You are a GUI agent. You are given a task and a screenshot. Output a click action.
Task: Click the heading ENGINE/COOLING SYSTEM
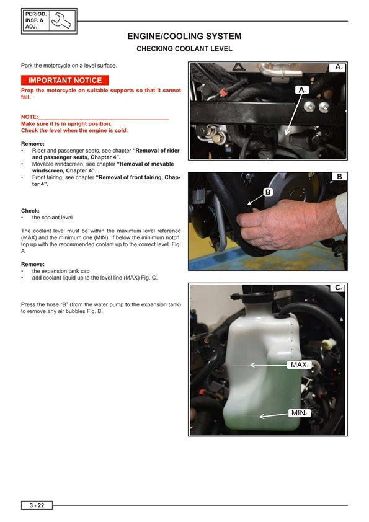click(x=184, y=37)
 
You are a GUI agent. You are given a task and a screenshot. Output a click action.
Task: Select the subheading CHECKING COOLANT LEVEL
click(x=184, y=48)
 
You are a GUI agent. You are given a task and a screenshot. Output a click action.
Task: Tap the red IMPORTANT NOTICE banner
click(x=65, y=81)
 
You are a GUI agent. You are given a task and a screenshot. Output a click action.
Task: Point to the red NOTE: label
click(x=29, y=117)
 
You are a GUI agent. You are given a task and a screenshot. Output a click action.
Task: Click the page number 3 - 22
click(x=37, y=506)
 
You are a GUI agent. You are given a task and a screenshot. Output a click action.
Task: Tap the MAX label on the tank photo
click(x=298, y=365)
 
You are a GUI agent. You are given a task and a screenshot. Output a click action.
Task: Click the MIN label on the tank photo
click(x=298, y=413)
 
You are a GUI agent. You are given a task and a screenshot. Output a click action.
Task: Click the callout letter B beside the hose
click(x=268, y=192)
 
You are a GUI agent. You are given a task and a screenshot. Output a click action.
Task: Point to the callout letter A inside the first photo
click(x=301, y=91)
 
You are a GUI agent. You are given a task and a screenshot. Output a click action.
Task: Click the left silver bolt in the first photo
click(x=308, y=107)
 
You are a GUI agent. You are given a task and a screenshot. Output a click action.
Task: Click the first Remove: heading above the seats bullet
click(x=33, y=144)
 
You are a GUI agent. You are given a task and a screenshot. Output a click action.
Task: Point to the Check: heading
click(x=30, y=211)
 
